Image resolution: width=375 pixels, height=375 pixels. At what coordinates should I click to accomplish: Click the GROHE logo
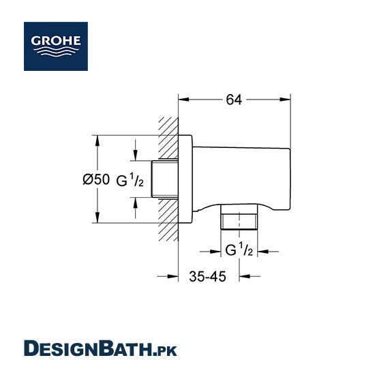click(56, 46)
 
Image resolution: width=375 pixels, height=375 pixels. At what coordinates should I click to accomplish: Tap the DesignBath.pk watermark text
click(100, 348)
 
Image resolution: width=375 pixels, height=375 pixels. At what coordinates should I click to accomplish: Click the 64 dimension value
click(234, 100)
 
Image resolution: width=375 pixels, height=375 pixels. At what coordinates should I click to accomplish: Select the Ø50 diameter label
click(96, 179)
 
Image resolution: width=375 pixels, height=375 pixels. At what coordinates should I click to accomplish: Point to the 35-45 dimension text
click(207, 276)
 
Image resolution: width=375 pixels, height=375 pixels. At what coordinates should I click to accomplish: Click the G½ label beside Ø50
click(130, 180)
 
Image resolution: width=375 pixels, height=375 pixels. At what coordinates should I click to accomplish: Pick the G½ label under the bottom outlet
click(239, 250)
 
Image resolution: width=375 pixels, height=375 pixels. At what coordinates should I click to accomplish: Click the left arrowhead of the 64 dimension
click(183, 100)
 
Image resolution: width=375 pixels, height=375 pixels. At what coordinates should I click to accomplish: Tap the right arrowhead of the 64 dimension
click(285, 100)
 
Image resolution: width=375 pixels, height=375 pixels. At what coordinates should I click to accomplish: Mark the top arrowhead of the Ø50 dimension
click(97, 140)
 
